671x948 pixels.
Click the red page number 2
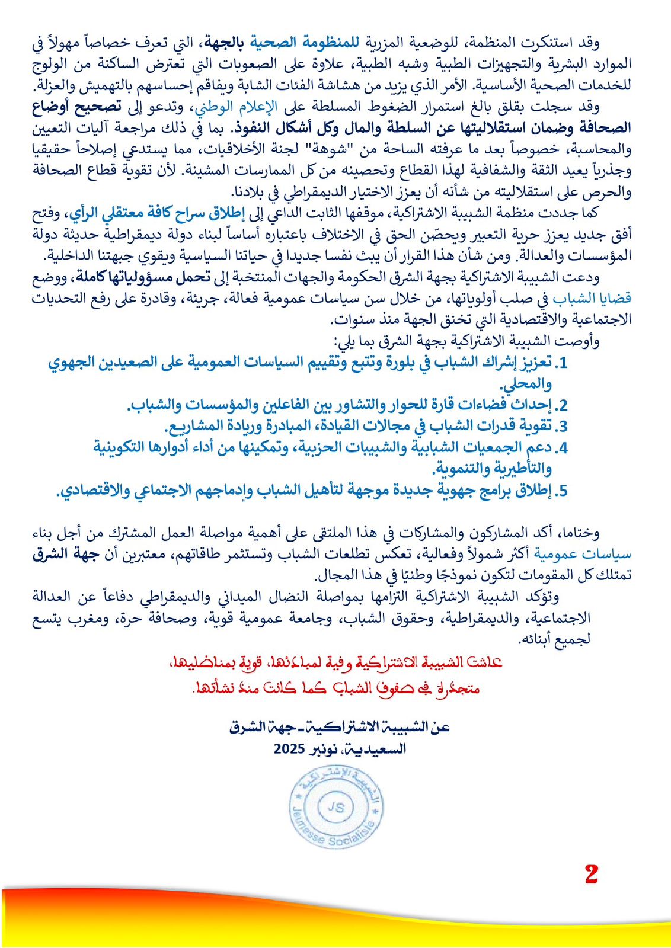click(x=591, y=875)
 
